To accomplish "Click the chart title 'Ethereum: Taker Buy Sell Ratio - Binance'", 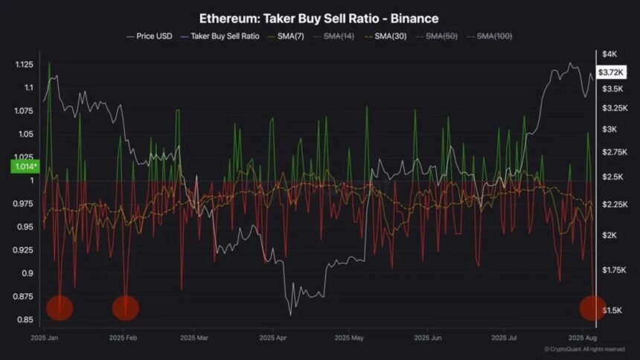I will click(x=319, y=17).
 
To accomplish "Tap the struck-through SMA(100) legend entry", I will click(x=494, y=36).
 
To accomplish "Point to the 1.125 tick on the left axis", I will click(x=24, y=65).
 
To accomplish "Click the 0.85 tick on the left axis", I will click(x=25, y=320).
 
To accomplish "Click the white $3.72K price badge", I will click(x=610, y=72).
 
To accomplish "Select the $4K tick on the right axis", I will click(x=609, y=54).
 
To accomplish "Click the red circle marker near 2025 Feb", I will click(x=125, y=307).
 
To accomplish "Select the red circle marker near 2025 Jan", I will click(x=60, y=307).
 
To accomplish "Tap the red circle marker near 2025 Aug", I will click(x=593, y=307).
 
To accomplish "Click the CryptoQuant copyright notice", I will click(x=583, y=349).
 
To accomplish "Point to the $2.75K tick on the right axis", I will click(x=613, y=152).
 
